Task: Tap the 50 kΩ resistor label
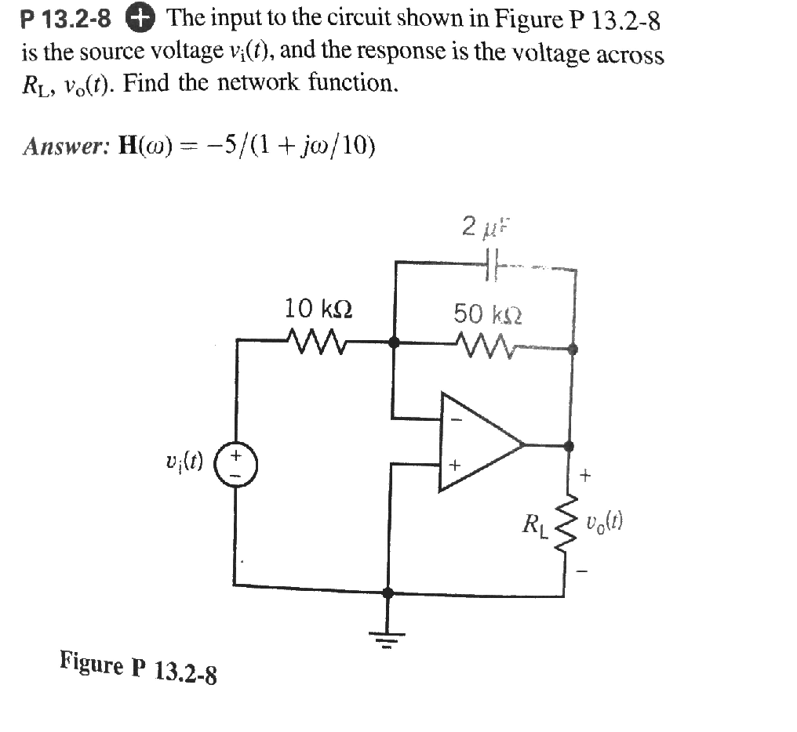click(x=486, y=314)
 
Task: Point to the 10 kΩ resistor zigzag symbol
click(x=311, y=341)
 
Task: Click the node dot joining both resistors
click(x=394, y=342)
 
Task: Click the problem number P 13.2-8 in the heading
click(x=67, y=19)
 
